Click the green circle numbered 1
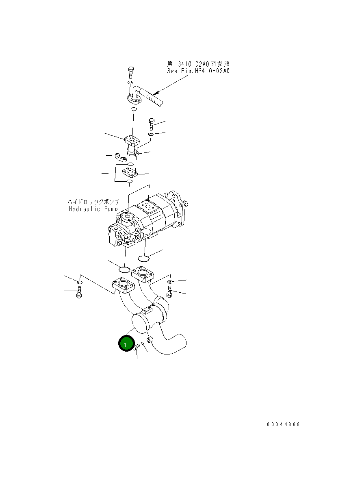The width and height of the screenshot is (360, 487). click(126, 344)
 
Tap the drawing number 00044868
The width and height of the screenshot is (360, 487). click(283, 424)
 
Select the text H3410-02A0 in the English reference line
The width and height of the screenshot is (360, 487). click(208, 71)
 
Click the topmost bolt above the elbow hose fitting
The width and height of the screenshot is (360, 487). click(130, 73)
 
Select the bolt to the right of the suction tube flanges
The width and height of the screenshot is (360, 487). click(169, 291)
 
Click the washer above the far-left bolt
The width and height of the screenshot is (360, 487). click(80, 282)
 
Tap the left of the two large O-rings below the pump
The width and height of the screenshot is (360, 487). click(124, 269)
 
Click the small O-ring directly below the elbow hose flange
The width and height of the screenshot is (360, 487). click(134, 110)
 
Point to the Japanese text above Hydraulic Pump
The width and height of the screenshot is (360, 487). click(93, 202)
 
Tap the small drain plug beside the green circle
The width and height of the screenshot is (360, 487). click(137, 346)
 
